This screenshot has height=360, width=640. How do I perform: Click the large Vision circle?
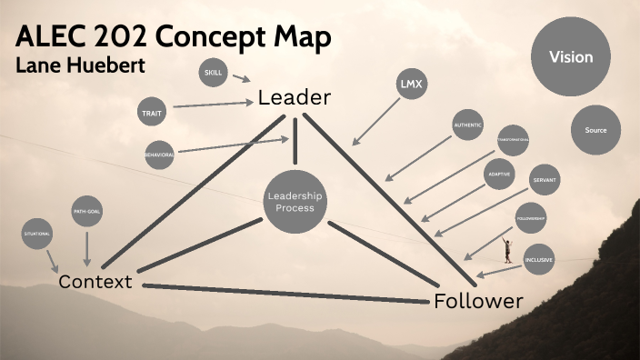pos(570,57)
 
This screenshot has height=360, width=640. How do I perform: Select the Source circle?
pos(595,130)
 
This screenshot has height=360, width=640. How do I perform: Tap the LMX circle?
pos(412,85)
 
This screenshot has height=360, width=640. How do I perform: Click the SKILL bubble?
pos(213,72)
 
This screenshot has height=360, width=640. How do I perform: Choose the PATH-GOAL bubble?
pos(86,213)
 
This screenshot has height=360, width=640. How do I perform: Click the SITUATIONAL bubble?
pos(37,234)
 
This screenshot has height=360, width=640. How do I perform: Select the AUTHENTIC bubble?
pos(468,125)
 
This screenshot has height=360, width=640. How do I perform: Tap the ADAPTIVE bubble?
pos(498,174)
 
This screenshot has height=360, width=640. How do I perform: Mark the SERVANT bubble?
pos(545,178)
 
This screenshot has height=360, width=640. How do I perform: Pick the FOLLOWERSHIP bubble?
pos(530,219)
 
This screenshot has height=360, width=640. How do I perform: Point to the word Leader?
pos(294,97)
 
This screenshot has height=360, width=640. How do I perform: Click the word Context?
pos(95,282)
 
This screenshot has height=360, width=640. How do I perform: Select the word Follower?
pos(478,301)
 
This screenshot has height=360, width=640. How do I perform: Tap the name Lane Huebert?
pos(79,66)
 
